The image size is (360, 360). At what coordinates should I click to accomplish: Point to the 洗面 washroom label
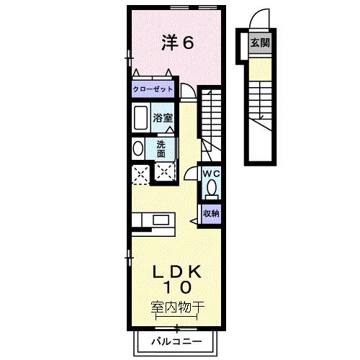coord(161,148)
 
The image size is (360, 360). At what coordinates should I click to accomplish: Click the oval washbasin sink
coord(138,148)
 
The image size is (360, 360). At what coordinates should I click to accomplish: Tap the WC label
coord(211,174)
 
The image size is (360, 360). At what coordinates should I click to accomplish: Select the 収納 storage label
coord(211,214)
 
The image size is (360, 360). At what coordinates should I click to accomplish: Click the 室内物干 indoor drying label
coord(178,306)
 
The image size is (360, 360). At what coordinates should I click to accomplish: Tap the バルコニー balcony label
coord(176,341)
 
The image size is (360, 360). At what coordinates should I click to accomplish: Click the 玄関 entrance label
coord(261,42)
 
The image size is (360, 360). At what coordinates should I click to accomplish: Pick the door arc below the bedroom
coord(187,91)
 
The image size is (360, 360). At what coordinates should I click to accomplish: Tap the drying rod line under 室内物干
coord(178,318)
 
